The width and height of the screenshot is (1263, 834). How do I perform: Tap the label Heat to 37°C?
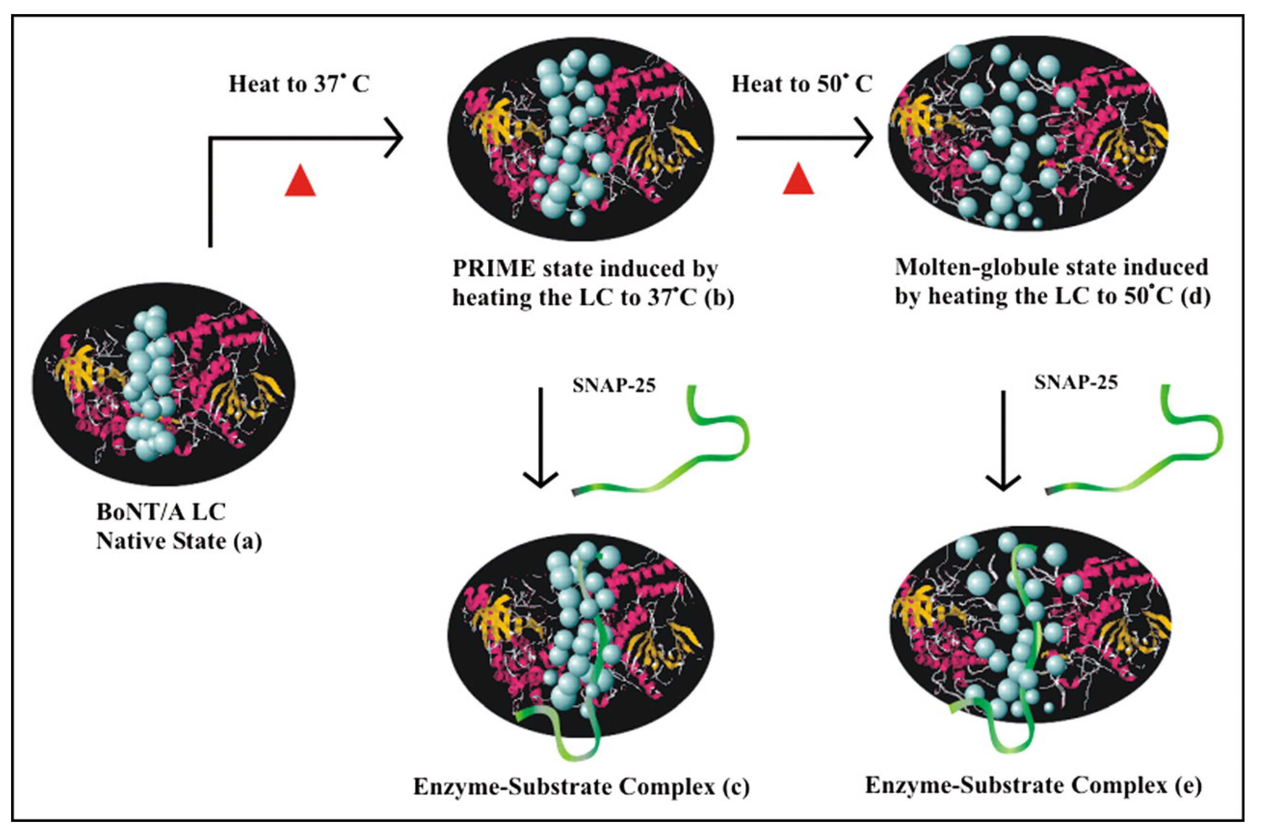[x=299, y=84]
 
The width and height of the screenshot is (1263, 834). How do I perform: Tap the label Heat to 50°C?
[x=802, y=84]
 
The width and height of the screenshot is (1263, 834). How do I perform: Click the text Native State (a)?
[x=179, y=541]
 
